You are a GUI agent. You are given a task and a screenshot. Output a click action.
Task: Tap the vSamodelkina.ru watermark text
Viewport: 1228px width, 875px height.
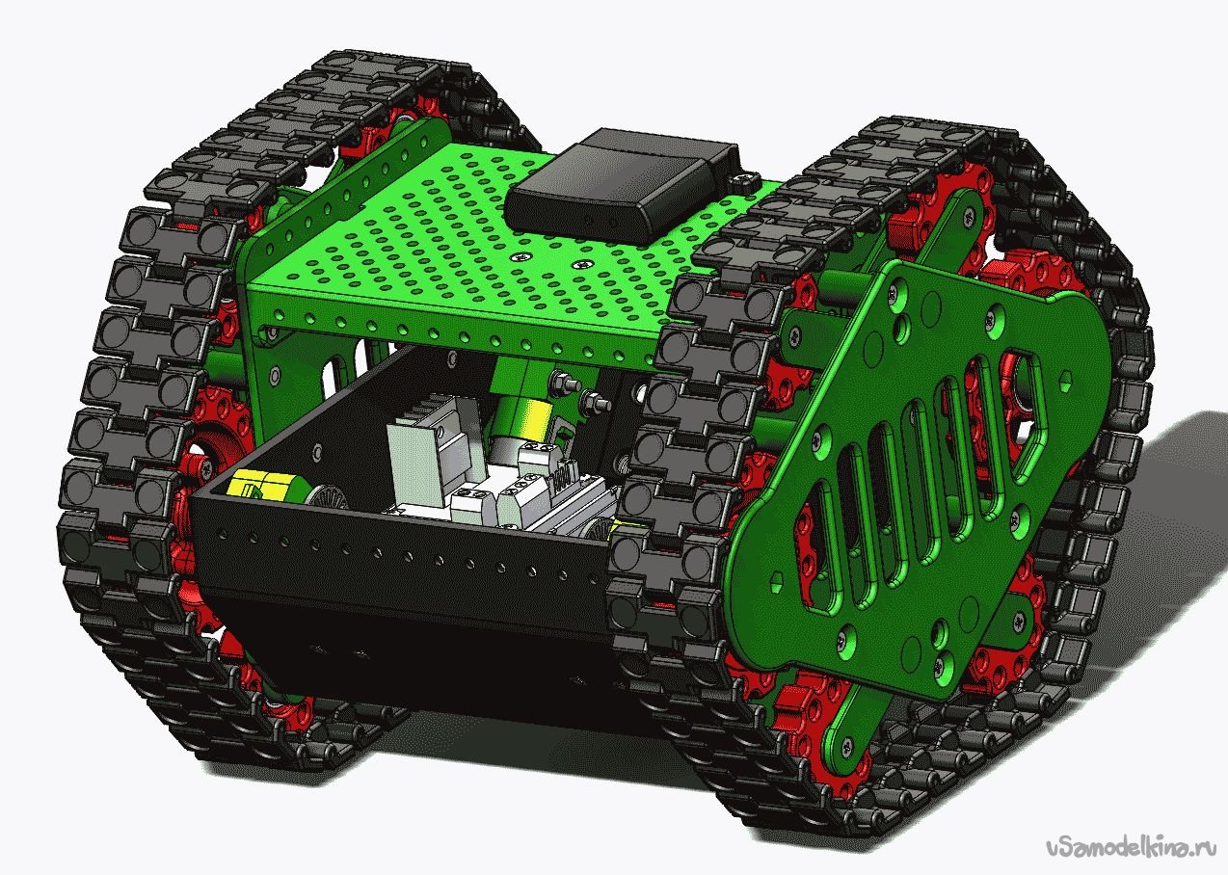point(1131,847)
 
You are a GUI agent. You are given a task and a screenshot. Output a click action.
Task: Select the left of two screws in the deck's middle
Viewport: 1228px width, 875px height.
point(521,255)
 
